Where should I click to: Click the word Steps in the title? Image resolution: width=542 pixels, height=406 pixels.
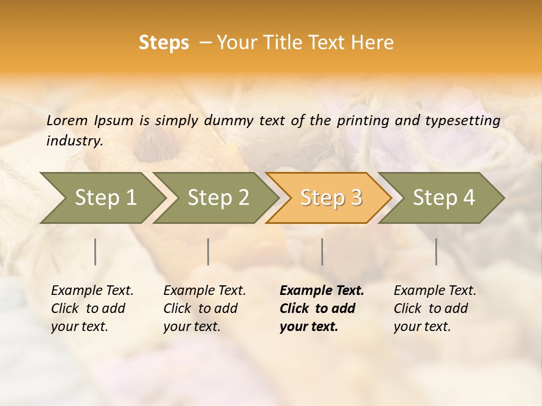(x=164, y=43)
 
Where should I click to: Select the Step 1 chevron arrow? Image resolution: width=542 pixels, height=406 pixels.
(x=102, y=197)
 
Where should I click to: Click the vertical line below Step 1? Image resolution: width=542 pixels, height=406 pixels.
(x=95, y=251)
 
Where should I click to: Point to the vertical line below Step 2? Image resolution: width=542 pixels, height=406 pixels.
(x=208, y=251)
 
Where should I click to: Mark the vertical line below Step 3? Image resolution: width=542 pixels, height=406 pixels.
(x=322, y=251)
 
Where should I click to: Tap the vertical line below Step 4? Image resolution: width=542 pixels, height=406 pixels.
(x=436, y=251)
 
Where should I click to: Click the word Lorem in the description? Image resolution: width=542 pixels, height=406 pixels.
(x=67, y=120)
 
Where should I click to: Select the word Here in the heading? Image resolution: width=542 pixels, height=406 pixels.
(x=374, y=43)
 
